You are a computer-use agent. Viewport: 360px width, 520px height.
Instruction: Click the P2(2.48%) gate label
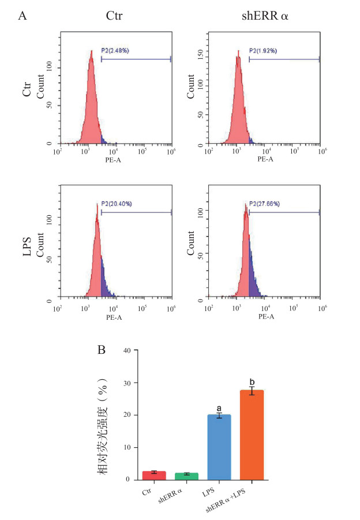click(x=115, y=51)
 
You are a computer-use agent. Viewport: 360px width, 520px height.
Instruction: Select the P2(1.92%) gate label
click(x=264, y=51)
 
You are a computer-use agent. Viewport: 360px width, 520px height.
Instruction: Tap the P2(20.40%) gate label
click(x=116, y=204)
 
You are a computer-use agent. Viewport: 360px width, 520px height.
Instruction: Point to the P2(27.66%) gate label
click(x=264, y=204)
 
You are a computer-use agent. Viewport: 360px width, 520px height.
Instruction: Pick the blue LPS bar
click(x=219, y=447)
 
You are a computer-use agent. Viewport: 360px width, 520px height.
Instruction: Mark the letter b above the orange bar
click(x=252, y=381)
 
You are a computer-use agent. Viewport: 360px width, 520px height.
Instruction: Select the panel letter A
click(x=22, y=16)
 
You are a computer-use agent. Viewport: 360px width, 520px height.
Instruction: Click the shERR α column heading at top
click(x=265, y=16)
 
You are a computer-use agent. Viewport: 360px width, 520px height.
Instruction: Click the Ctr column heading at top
click(x=115, y=16)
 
